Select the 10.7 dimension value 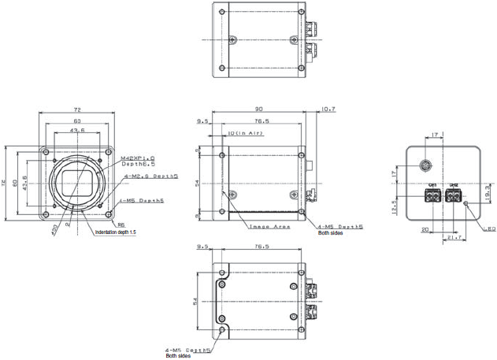[x=327, y=109]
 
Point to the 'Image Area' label [x=270, y=226]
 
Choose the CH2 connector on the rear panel [x=454, y=195]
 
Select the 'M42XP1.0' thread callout [x=138, y=158]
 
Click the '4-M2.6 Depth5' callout [x=143, y=176]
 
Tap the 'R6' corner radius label [x=121, y=225]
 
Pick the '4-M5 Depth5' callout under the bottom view [x=187, y=349]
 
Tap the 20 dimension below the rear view [x=425, y=231]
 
